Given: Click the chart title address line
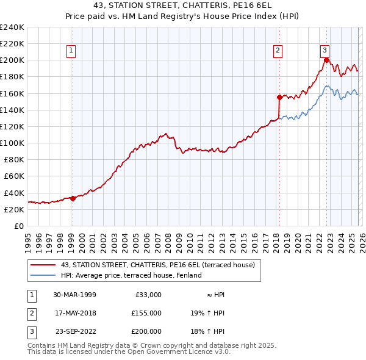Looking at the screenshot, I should coord(182,5).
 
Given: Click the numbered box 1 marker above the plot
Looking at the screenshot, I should coord(72,51).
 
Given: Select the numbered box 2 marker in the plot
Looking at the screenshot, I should coord(278,51).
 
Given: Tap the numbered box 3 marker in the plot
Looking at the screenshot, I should coord(325,51).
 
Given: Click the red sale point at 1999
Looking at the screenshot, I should coord(73,198).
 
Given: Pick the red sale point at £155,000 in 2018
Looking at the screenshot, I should coord(279,97).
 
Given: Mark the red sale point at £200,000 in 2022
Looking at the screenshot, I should coord(326,60).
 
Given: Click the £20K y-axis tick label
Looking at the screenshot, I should coord(14,209).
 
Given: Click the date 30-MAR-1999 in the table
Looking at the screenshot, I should coord(74,294).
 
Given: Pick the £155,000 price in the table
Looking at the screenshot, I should coord(146,312).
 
